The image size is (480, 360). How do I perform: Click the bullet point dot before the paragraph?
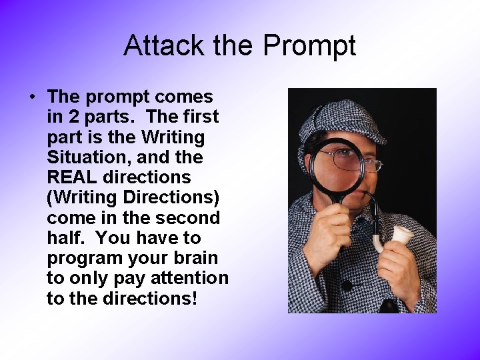tap(33, 97)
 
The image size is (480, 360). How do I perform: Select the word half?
tap(65, 237)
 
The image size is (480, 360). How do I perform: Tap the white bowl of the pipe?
tap(402, 234)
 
